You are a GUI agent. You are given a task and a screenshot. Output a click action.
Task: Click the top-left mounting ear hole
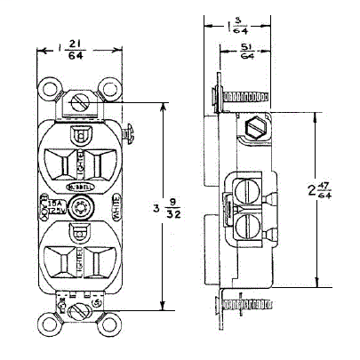tap(51, 90)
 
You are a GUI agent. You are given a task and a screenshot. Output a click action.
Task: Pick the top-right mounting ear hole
tap(110, 90)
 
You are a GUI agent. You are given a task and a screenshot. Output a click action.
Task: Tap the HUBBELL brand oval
tap(81, 188)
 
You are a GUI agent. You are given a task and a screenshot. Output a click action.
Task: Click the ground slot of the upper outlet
tap(81, 136)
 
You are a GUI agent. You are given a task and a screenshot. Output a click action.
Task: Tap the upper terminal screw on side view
tap(250, 188)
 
